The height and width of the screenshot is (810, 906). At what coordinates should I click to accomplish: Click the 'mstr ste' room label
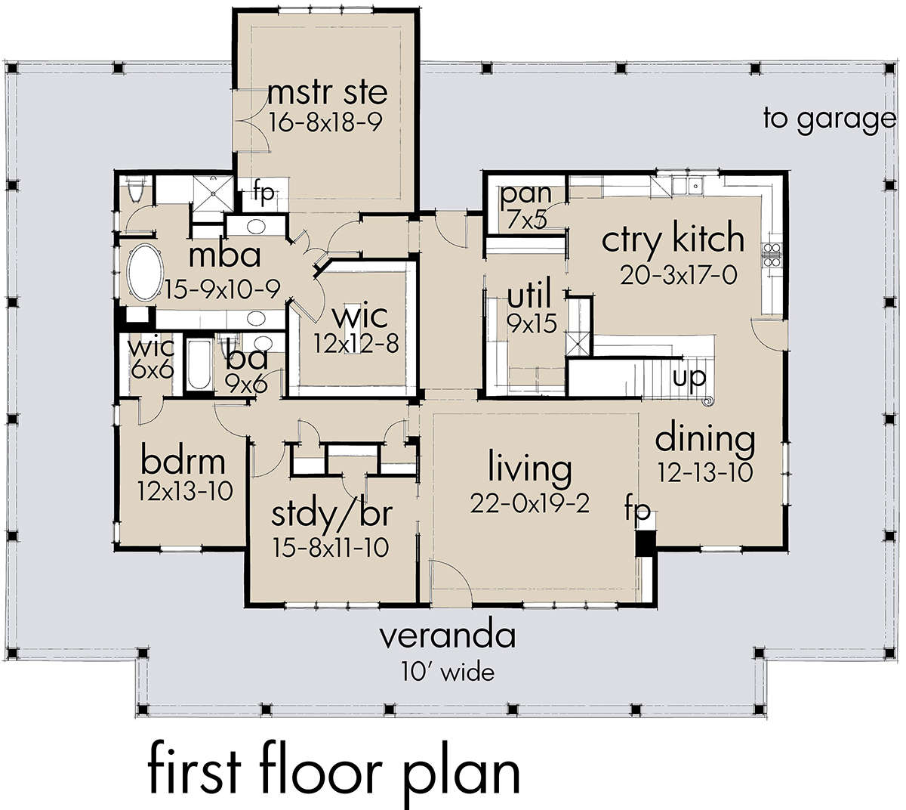[x=327, y=92]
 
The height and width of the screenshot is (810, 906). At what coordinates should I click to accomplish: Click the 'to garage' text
[x=829, y=119]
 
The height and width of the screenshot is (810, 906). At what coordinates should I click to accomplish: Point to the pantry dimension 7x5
[x=527, y=220]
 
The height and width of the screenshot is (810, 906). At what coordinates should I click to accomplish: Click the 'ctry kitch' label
[x=673, y=240]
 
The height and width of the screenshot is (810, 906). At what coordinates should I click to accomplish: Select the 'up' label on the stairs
[x=689, y=376]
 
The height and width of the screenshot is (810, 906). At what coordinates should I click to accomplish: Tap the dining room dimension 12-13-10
[x=704, y=473]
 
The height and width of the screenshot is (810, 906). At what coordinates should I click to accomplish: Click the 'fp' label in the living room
[x=638, y=510]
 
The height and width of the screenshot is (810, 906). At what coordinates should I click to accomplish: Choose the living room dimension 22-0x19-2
[x=529, y=502]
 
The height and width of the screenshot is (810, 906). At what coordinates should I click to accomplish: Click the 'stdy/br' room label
[x=331, y=514]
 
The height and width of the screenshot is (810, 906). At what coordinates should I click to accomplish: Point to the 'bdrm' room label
[x=183, y=460]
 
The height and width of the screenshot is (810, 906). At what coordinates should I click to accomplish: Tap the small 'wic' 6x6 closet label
[x=151, y=348]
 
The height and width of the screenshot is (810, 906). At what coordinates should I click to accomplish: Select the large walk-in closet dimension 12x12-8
[x=356, y=344]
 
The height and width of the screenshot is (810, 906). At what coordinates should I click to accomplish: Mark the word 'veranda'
[x=447, y=636]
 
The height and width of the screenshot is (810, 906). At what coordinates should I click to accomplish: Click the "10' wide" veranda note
[x=447, y=670]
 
